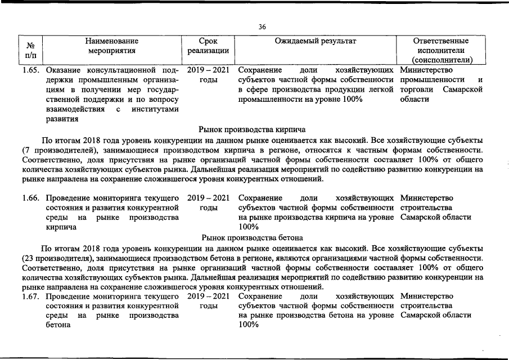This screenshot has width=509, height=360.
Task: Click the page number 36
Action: tap(262, 26)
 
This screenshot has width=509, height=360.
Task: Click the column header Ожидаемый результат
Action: tap(316, 41)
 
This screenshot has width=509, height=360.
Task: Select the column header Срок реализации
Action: tap(208, 46)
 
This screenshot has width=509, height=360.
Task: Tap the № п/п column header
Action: tap(31, 50)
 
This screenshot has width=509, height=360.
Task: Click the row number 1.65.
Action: tap(31, 71)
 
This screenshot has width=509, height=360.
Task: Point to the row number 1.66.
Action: tap(31, 198)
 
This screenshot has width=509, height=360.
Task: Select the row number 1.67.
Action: tap(31, 296)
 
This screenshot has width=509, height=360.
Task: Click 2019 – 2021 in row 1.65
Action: tap(208, 71)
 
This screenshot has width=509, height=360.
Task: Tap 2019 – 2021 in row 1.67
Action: tap(208, 296)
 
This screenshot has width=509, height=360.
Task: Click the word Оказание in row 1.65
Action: tap(64, 71)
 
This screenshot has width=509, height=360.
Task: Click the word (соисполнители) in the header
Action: tap(442, 60)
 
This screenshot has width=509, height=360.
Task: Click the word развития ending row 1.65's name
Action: tap(62, 119)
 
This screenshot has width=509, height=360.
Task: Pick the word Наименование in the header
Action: tap(112, 41)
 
